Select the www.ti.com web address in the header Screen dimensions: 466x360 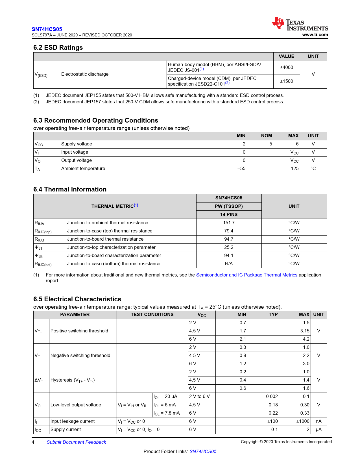point(315,35)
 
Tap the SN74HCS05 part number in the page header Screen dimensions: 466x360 point(47,29)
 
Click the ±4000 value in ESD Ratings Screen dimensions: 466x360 point(286,67)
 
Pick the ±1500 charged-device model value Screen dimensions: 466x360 point(286,81)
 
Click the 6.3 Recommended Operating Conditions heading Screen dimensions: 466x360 point(96,120)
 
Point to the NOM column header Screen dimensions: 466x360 point(266,136)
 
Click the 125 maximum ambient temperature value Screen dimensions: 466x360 point(294,169)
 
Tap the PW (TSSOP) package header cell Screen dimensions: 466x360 point(229,206)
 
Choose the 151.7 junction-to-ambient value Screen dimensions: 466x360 point(229,223)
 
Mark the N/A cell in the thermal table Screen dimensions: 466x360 point(229,264)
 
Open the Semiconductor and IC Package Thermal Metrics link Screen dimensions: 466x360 point(246,275)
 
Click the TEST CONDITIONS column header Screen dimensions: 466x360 point(152,315)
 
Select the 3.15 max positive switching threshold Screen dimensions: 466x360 point(305,331)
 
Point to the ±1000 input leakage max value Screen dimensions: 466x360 point(303,421)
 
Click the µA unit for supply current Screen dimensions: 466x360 point(318,430)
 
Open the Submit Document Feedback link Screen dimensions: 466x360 point(76,442)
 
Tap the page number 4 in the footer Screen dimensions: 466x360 point(33,442)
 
